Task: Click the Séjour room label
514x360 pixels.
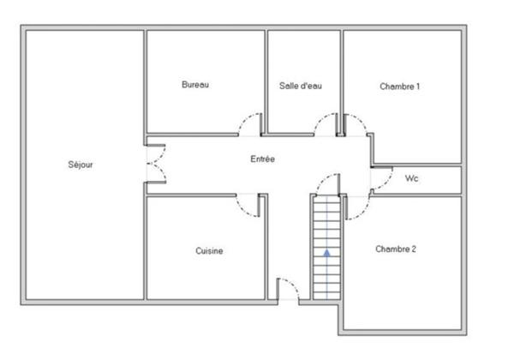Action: (80, 165)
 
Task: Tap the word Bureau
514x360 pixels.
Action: (195, 85)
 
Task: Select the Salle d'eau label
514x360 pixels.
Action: (300, 86)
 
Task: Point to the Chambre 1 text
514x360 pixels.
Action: (399, 86)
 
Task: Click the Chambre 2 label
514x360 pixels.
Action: (396, 249)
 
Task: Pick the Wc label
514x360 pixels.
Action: (411, 179)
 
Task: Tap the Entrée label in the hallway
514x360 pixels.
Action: (262, 159)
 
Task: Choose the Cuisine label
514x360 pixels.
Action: (209, 251)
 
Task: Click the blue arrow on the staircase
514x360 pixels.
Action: (326, 254)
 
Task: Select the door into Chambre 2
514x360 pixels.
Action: (358, 206)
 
